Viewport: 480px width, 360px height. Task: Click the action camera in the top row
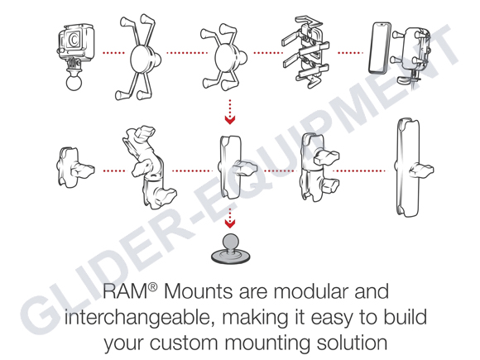coord(74,41)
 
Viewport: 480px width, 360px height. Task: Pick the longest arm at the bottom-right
coord(406,167)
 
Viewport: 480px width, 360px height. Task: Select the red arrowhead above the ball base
coord(231,223)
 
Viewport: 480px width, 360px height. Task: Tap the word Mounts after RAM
coord(194,292)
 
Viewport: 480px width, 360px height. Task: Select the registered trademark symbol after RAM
coord(151,286)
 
